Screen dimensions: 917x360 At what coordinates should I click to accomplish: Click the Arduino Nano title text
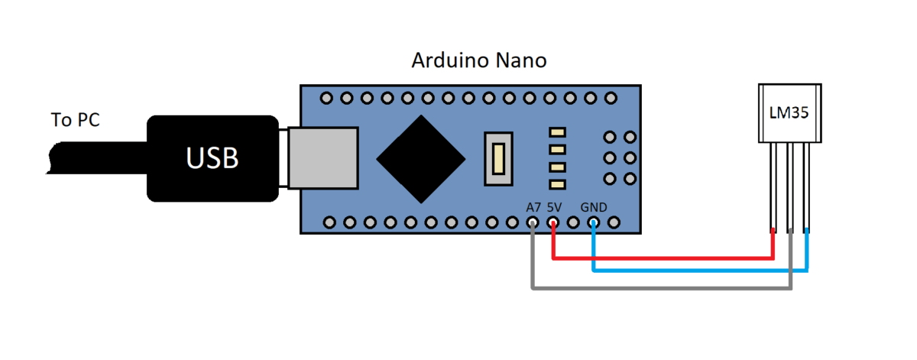tap(479, 60)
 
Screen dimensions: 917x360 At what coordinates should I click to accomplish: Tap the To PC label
tap(76, 119)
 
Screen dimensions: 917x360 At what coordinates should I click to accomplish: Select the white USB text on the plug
tap(212, 158)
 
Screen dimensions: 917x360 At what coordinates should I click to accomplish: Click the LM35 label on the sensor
tap(789, 112)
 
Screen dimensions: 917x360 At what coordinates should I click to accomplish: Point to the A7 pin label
tap(533, 208)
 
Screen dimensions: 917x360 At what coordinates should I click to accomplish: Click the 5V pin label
tap(555, 208)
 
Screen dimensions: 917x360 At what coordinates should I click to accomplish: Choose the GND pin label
tap(594, 208)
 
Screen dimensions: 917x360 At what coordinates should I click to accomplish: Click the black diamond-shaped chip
tap(421, 159)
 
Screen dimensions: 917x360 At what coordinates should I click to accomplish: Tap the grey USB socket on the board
tap(323, 158)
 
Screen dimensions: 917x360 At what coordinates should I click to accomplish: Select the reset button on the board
tap(498, 159)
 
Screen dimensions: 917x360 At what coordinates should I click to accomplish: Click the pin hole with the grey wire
tap(533, 222)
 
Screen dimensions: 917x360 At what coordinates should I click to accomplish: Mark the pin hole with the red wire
tap(553, 222)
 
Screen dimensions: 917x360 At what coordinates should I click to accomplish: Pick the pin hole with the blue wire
tap(594, 222)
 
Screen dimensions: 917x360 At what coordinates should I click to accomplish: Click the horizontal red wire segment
tap(663, 258)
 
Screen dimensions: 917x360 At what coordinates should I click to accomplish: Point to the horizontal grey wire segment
tap(662, 288)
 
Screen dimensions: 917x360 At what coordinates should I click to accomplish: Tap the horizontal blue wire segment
tap(701, 271)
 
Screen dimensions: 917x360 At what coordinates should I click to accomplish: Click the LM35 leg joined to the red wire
tap(773, 186)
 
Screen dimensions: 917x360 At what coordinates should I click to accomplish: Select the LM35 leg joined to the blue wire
tap(806, 186)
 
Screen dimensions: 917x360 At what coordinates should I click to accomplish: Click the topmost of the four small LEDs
tap(557, 132)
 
